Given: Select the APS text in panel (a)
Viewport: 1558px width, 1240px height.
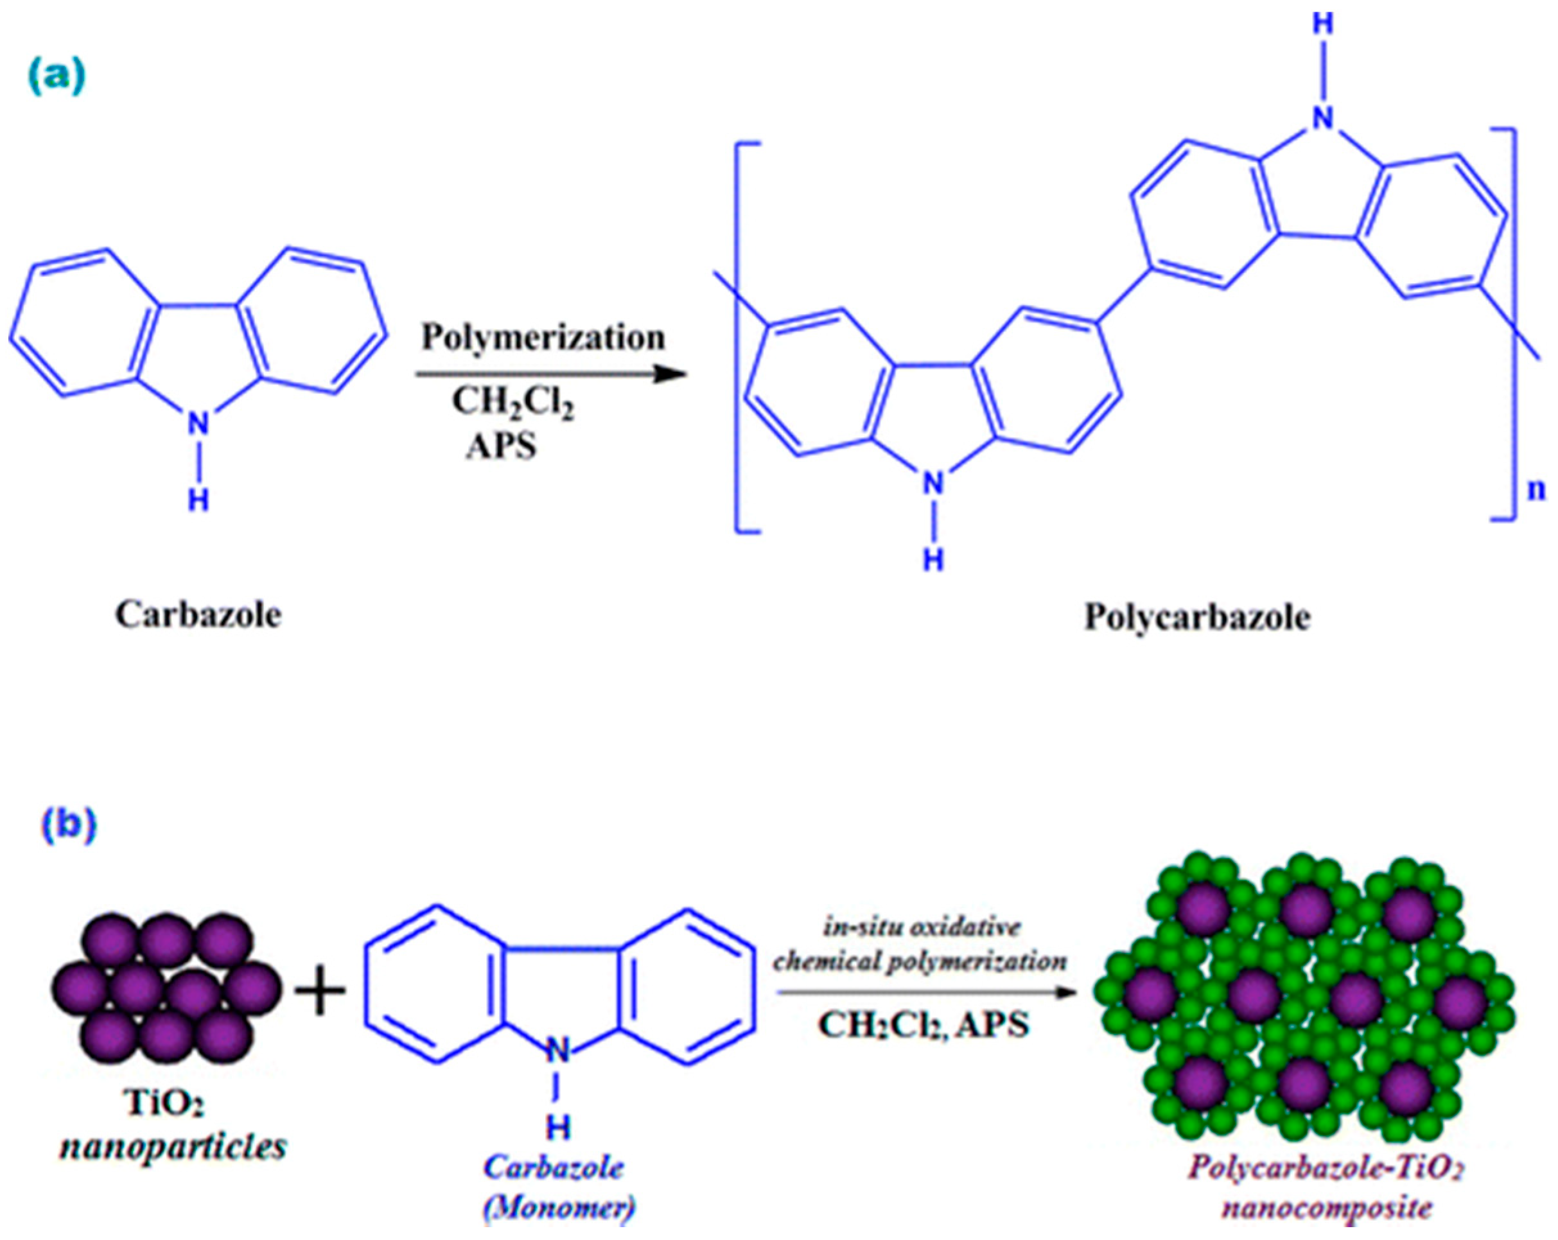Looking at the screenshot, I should click(x=502, y=446).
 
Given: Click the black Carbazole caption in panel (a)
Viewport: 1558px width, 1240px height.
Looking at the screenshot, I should click(x=198, y=616).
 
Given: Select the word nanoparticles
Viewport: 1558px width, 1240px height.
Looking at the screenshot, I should click(x=173, y=1147).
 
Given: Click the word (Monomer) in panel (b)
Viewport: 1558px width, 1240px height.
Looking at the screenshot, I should click(x=558, y=1208).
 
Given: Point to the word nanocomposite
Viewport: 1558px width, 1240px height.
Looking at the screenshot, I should click(x=1327, y=1208).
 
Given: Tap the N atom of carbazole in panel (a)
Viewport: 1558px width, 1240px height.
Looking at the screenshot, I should click(x=198, y=424).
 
